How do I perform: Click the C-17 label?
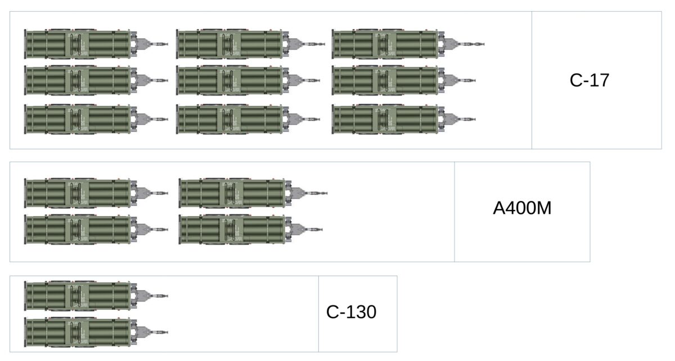click(589, 80)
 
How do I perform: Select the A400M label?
click(522, 208)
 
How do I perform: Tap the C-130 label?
click(351, 312)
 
